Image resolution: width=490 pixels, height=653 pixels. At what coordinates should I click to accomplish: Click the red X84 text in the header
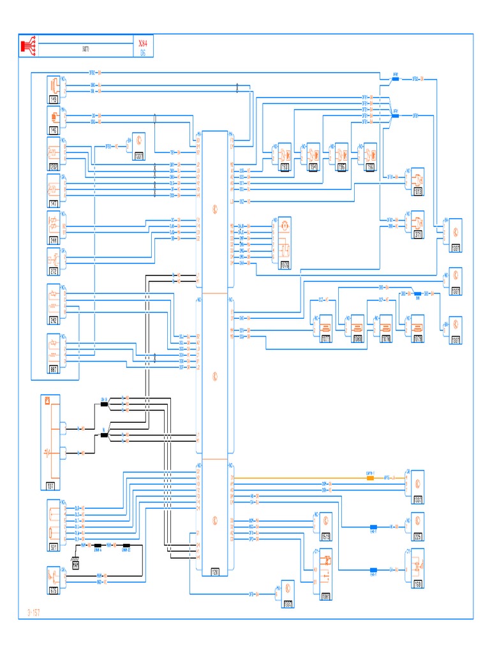[142, 43]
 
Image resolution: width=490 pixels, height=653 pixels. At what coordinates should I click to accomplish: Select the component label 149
[54, 100]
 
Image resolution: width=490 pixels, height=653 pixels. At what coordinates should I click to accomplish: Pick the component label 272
[54, 272]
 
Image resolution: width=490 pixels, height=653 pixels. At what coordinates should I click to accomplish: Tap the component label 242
[54, 320]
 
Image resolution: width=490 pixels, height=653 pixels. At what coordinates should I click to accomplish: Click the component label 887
[54, 369]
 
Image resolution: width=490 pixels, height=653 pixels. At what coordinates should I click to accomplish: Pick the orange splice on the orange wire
[369, 478]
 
